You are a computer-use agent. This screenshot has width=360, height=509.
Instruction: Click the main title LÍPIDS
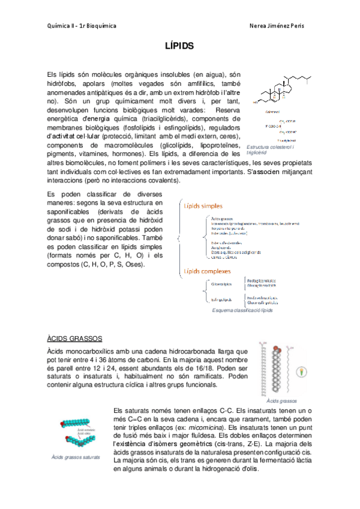coord(179,45)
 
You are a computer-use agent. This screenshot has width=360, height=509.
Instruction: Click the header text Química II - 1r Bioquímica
coord(81,26)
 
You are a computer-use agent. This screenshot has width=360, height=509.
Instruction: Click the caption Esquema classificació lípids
coord(243,311)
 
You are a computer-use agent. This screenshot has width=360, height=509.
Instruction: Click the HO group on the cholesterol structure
coord(256,103)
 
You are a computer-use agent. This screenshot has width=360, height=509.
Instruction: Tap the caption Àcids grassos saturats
coord(75,457)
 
